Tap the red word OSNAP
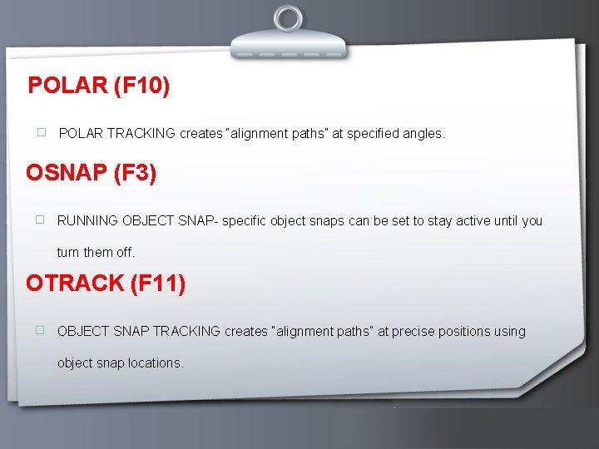click(x=66, y=173)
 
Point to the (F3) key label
click(x=134, y=173)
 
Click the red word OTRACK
click(x=75, y=284)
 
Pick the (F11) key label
click(x=157, y=284)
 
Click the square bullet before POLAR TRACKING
click(x=40, y=132)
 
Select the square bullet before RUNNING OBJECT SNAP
click(x=38, y=220)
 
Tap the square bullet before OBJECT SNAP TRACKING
click(x=38, y=330)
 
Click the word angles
click(x=423, y=133)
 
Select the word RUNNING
click(x=87, y=221)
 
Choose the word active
click(x=462, y=221)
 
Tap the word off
click(x=125, y=252)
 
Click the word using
click(x=510, y=331)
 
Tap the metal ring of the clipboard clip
click(x=289, y=18)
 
